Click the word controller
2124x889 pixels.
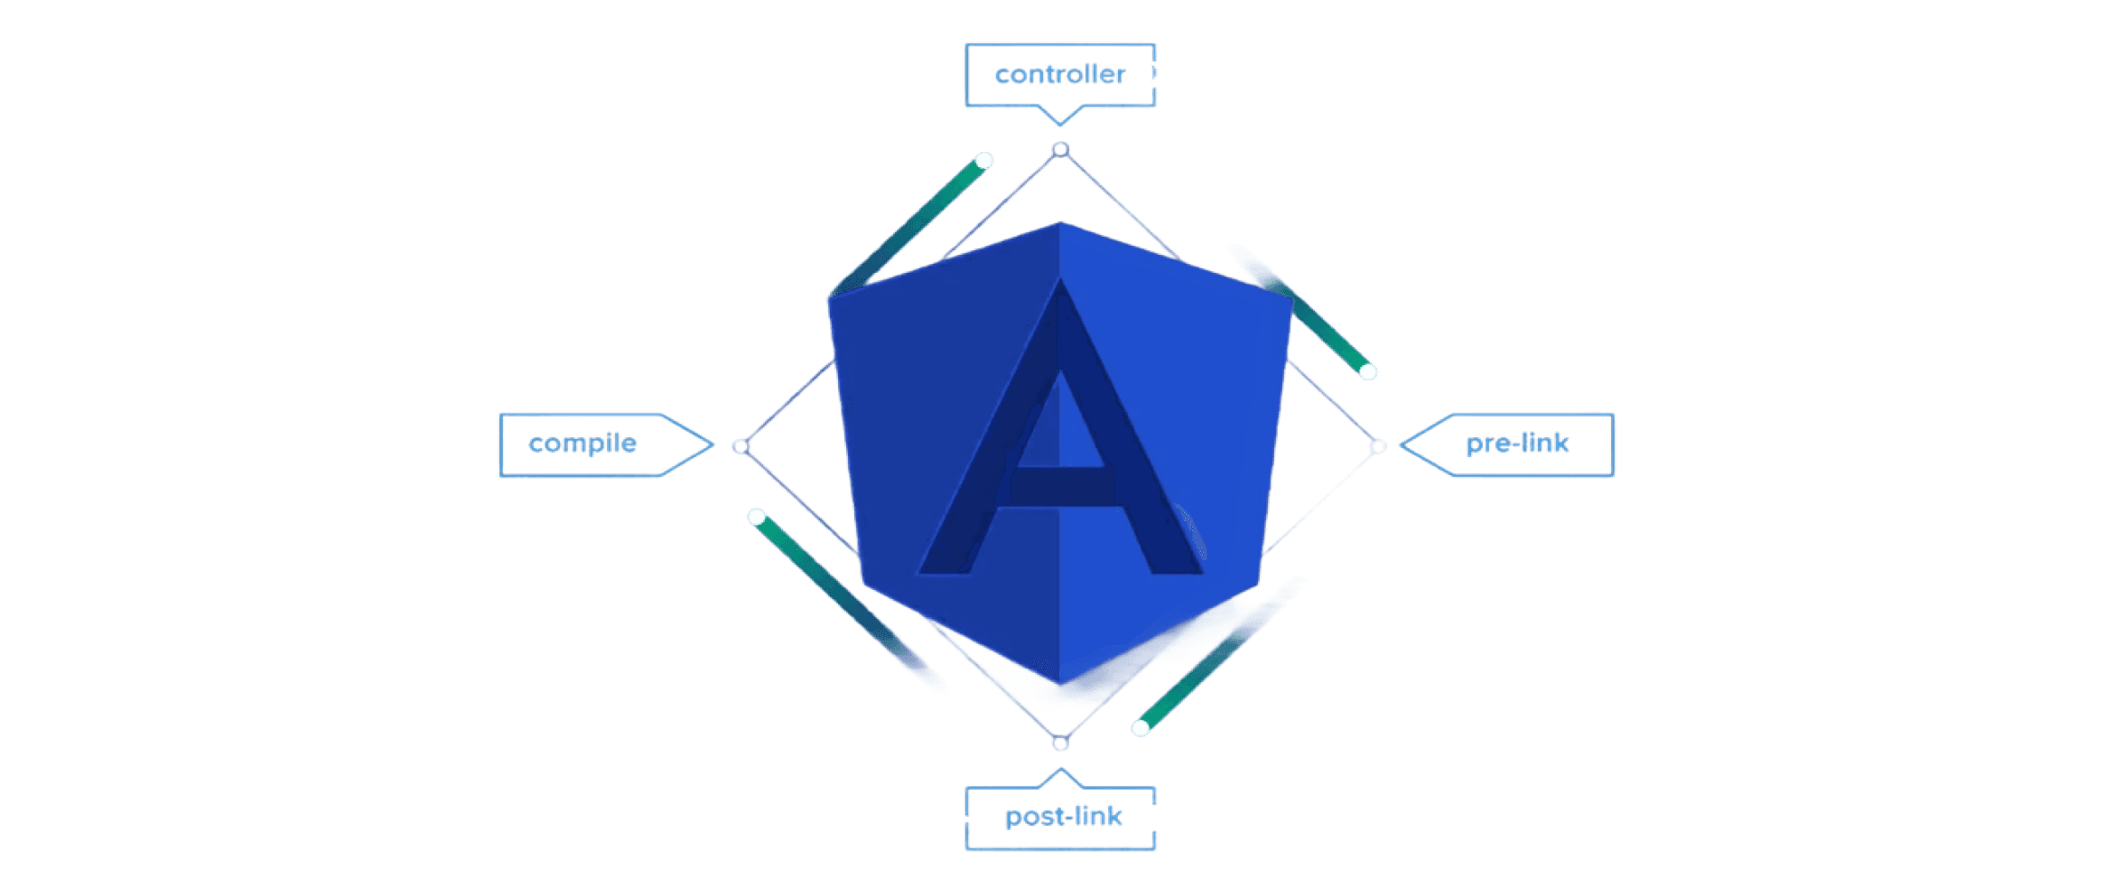1060,74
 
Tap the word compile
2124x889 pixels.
582,443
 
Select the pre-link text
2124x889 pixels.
1517,443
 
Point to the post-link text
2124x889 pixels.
1063,816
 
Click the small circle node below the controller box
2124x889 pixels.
1061,150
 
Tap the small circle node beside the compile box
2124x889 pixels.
741,446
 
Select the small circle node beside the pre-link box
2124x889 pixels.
1378,446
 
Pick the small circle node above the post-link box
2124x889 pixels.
1061,744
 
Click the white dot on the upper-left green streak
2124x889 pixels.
984,161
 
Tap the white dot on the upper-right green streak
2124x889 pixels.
1368,371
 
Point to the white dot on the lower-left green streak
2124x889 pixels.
757,518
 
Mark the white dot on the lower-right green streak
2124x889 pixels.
1141,728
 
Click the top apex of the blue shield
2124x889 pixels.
1060,223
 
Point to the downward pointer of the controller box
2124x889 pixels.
1060,122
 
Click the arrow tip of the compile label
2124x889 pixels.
711,444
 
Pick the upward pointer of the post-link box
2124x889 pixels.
1061,771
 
